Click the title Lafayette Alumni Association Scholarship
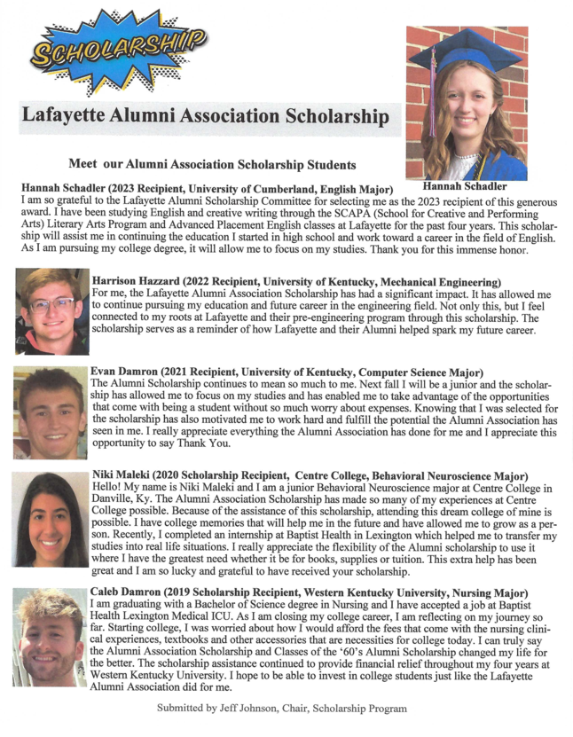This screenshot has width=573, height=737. click(x=205, y=116)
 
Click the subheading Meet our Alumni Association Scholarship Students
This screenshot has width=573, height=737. click(x=212, y=164)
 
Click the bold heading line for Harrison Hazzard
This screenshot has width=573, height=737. click(x=300, y=280)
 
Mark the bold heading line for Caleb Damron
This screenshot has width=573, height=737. click(x=310, y=592)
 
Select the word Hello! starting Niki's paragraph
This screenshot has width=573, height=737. click(x=111, y=489)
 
